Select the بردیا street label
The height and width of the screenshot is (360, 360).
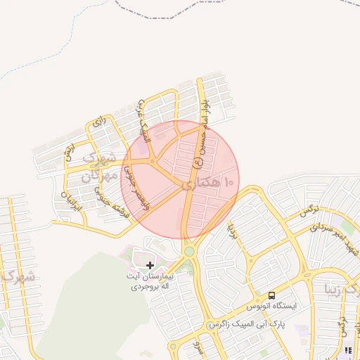pos(232,229)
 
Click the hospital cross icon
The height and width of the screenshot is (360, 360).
pos(150,265)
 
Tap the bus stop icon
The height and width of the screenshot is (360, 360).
pos(272,295)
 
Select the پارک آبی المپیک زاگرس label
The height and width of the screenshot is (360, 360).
pos(251,326)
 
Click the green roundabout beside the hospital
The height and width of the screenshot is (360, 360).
pos(189,250)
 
